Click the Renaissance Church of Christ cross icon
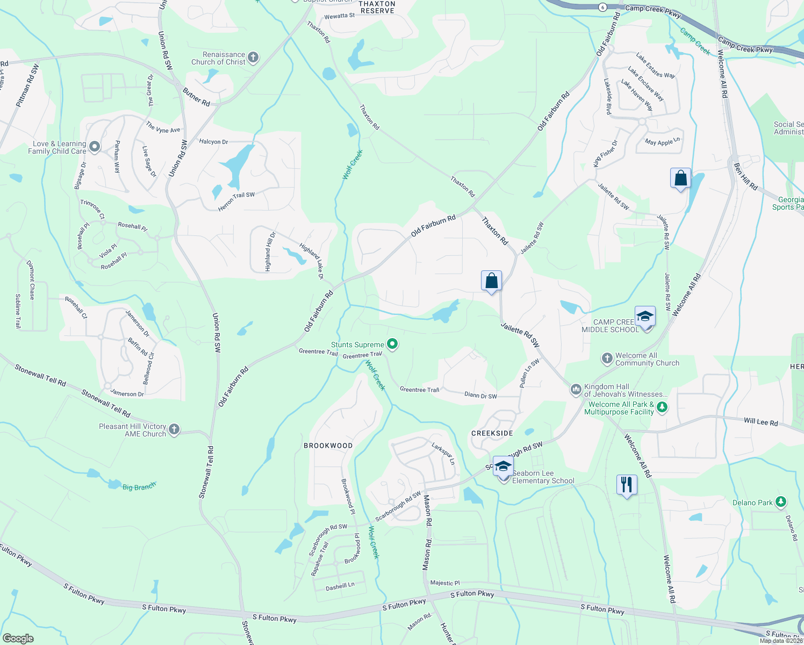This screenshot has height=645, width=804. pyautogui.click(x=253, y=58)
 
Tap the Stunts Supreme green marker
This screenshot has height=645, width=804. pyautogui.click(x=392, y=344)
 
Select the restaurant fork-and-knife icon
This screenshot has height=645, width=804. pyautogui.click(x=627, y=485)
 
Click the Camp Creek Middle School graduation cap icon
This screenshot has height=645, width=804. pyautogui.click(x=645, y=316)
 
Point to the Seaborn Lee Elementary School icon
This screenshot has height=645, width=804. pyautogui.click(x=503, y=467)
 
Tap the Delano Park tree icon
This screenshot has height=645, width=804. pyautogui.click(x=781, y=502)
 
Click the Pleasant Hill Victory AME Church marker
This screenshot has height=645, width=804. pyautogui.click(x=174, y=429)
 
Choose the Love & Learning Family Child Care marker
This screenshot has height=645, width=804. pyautogui.click(x=95, y=146)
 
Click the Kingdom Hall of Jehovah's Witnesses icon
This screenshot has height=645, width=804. pyautogui.click(x=576, y=389)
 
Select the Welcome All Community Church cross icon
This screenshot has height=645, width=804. pyautogui.click(x=607, y=358)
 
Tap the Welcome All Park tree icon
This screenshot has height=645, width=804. pyautogui.click(x=662, y=407)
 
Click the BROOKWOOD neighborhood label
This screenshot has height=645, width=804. pyautogui.click(x=328, y=446)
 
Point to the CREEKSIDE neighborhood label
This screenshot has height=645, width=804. pyautogui.click(x=492, y=433)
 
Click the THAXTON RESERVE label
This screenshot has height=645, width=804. pyautogui.click(x=377, y=7)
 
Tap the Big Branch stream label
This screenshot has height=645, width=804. pyautogui.click(x=139, y=487)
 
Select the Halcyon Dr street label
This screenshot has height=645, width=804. pyautogui.click(x=213, y=142)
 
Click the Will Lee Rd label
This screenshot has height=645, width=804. pyautogui.click(x=760, y=422)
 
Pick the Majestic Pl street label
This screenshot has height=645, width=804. pyautogui.click(x=445, y=583)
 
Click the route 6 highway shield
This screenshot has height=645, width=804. pyautogui.click(x=602, y=7)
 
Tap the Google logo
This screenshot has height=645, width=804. pyautogui.click(x=18, y=639)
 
